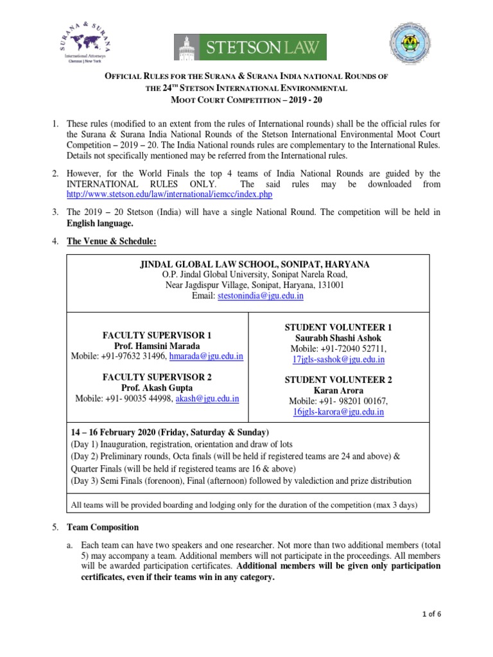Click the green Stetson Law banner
click(x=250, y=47)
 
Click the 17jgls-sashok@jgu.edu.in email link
click(x=338, y=359)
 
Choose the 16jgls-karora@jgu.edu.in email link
click(x=338, y=412)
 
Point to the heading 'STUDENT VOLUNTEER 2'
click(x=338, y=379)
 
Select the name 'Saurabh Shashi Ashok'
click(x=338, y=337)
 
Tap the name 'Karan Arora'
click(x=338, y=390)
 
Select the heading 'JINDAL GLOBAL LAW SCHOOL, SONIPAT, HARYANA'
click(x=255, y=264)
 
